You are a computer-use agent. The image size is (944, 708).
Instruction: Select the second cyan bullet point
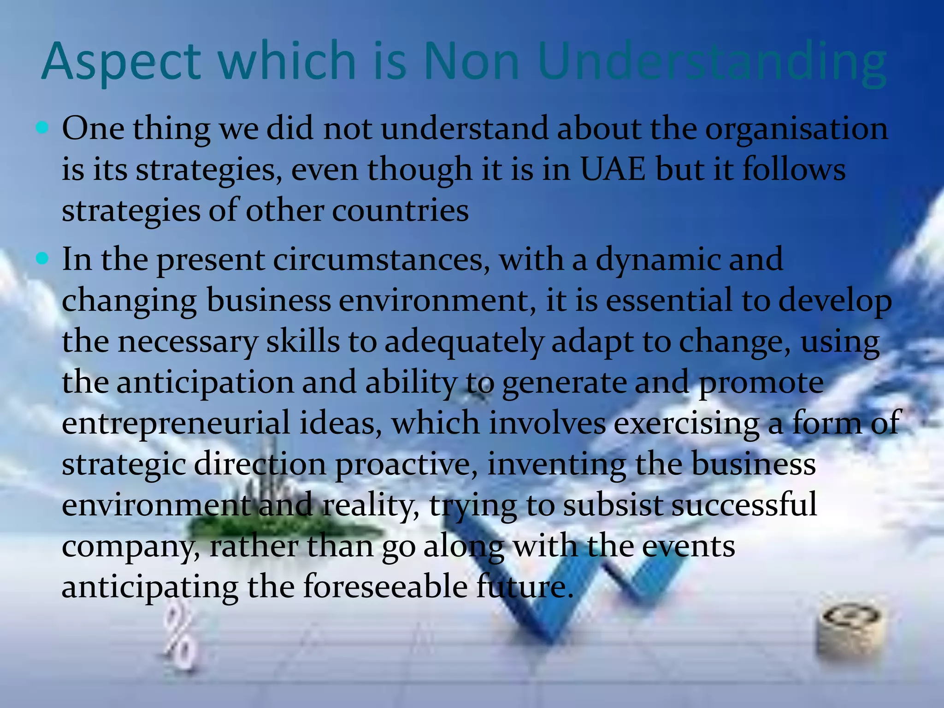tap(42, 259)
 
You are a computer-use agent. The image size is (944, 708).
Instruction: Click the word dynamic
tap(657, 260)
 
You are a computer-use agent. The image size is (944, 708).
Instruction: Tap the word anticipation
tap(205, 383)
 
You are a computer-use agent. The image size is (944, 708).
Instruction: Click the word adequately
tap(464, 342)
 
